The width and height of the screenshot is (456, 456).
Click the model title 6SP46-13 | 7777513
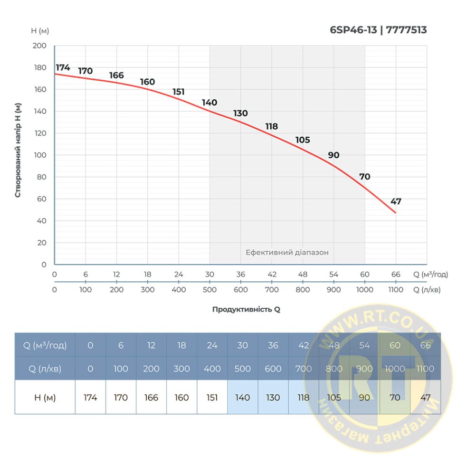pyautogui.click(x=378, y=30)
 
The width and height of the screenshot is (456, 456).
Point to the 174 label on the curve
pyautogui.click(x=63, y=67)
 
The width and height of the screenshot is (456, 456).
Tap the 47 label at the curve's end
pyautogui.click(x=396, y=201)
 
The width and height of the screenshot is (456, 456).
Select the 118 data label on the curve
pyautogui.click(x=272, y=126)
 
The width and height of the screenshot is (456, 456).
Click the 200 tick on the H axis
pyautogui.click(x=40, y=46)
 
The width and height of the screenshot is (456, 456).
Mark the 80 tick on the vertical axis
pyautogui.click(x=42, y=177)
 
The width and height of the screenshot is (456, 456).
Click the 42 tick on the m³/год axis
pyautogui.click(x=272, y=275)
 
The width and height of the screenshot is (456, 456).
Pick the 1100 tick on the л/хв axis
pyautogui.click(x=396, y=290)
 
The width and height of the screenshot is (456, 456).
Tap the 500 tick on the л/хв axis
pyautogui.click(x=209, y=290)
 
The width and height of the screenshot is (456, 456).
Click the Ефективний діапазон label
pyautogui.click(x=287, y=252)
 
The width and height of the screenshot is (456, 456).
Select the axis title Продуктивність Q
pyautogui.click(x=246, y=309)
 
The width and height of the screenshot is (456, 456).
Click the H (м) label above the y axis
pyautogui.click(x=40, y=31)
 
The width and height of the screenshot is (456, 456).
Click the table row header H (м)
pyautogui.click(x=45, y=398)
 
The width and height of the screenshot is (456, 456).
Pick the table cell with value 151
pyautogui.click(x=212, y=398)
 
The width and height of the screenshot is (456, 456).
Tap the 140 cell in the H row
pyautogui.click(x=243, y=398)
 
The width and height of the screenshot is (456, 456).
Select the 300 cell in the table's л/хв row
pyautogui.click(x=182, y=369)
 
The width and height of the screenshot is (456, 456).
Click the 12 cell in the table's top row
pyautogui.click(x=152, y=345)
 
